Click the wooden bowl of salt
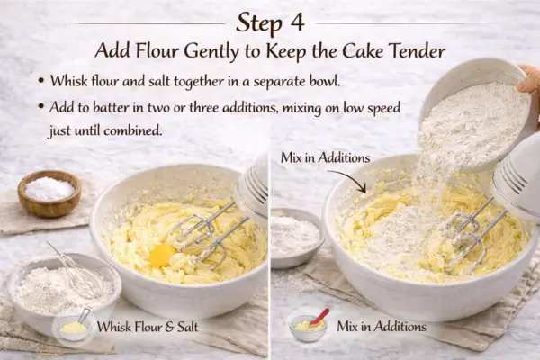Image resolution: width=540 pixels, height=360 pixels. tap(49, 192)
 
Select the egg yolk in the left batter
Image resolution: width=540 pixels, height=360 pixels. tap(163, 255)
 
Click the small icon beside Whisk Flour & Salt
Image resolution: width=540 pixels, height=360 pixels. tap(72, 326)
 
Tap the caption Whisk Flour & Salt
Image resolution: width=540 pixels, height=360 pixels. tap(149, 327)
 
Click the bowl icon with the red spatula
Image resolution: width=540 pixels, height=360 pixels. tap(309, 325)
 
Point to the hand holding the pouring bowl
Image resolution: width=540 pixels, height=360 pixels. tap(528, 86)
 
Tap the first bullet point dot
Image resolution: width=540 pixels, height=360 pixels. tap(41, 81)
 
